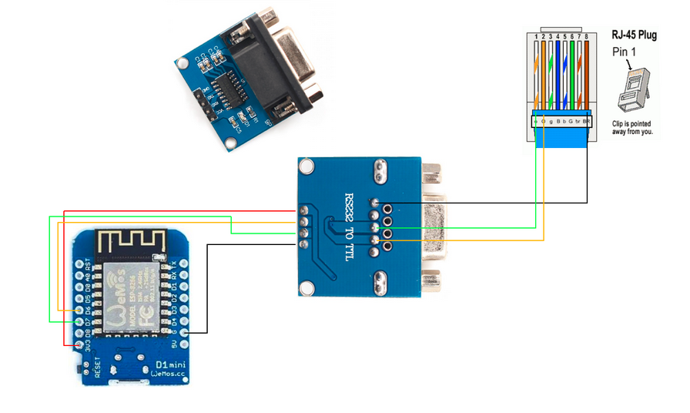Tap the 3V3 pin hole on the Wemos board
coord(79,347)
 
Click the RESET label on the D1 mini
coord(98,369)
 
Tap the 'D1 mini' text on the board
coord(171,364)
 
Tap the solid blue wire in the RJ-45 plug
coord(557,77)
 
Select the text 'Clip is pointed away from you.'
coord(632,127)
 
